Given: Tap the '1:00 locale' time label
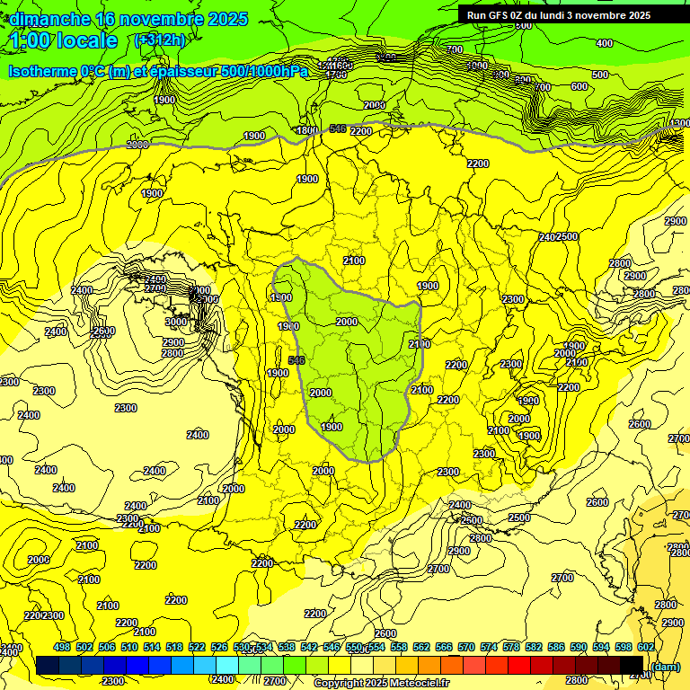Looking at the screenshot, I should (x=65, y=40).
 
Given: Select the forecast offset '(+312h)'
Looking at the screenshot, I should (x=159, y=40).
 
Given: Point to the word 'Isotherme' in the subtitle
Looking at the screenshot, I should (x=44, y=72).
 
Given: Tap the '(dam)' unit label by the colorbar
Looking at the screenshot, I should (x=666, y=666).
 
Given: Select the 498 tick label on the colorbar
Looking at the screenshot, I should (x=62, y=648).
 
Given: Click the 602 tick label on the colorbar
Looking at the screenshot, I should (x=645, y=648).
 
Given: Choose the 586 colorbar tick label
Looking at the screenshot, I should (x=555, y=648).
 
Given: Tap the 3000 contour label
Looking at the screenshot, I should (x=176, y=322).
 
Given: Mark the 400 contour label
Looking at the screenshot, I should (x=605, y=43).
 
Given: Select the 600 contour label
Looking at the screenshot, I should (x=579, y=87).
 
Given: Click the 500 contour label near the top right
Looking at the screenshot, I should (x=600, y=75).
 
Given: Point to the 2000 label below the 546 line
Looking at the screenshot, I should (x=346, y=322).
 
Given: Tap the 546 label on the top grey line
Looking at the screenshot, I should (x=338, y=129).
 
